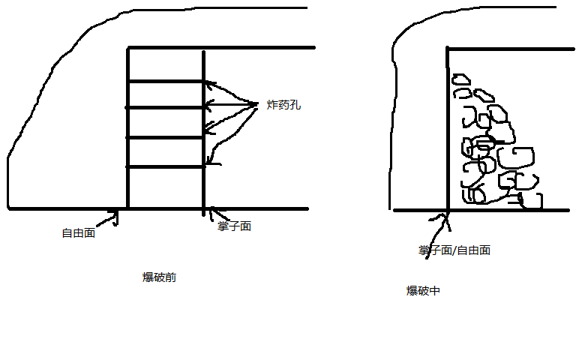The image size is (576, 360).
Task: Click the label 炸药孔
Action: point(283,106)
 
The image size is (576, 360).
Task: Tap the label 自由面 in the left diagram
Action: point(78,233)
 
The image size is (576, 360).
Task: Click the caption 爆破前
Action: point(159,277)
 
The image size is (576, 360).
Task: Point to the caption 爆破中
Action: point(423,291)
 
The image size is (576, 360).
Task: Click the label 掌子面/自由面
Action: point(454,250)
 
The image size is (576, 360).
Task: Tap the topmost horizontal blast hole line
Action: point(166,81)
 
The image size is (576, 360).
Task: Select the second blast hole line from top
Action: point(166,108)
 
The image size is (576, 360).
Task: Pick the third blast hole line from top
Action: point(166,138)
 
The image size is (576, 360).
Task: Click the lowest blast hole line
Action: point(166,166)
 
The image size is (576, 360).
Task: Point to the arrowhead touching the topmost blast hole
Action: point(208,83)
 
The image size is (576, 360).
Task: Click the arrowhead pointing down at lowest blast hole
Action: point(210,160)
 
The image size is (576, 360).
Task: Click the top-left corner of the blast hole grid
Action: point(128,49)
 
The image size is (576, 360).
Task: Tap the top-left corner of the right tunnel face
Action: point(448,49)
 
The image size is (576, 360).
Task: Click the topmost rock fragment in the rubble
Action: point(459,78)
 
